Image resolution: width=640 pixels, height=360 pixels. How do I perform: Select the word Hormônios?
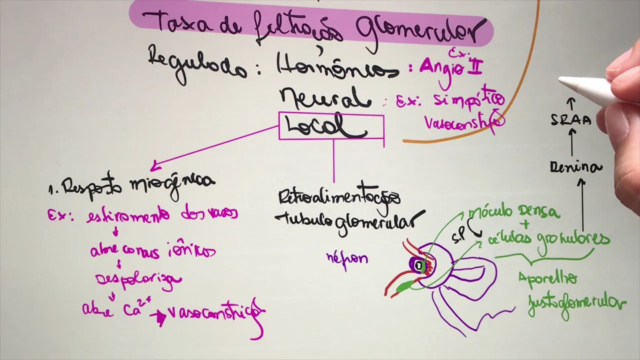pyautogui.click(x=338, y=67)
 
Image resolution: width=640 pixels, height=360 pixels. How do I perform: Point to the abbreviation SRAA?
pyautogui.click(x=571, y=120)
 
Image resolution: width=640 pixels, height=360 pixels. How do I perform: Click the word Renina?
pyautogui.click(x=575, y=167)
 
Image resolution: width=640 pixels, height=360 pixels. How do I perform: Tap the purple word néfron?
pyautogui.click(x=347, y=258)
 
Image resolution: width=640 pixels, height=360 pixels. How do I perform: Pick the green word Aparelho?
pyautogui.click(x=548, y=278)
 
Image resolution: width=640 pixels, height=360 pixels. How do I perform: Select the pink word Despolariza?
pyautogui.click(x=138, y=279)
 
